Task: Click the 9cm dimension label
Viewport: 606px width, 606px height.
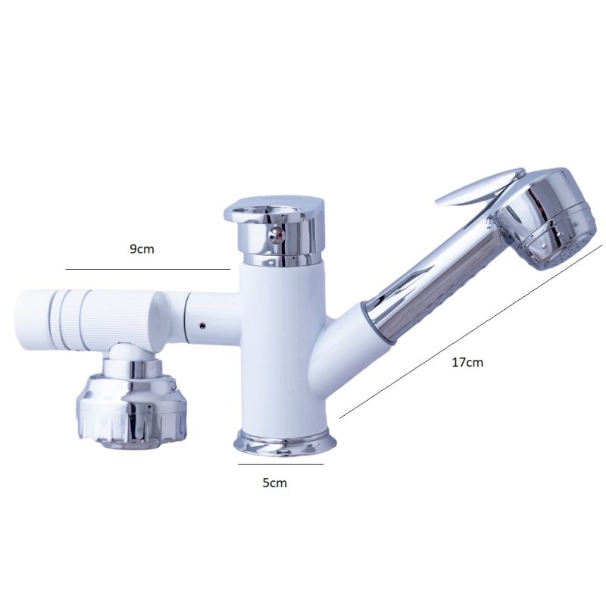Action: click(142, 249)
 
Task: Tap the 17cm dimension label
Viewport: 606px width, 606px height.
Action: click(467, 362)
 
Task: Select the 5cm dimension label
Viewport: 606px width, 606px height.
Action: click(275, 483)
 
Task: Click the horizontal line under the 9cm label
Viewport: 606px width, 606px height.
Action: click(148, 269)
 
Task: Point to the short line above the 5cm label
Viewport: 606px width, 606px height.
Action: click(280, 464)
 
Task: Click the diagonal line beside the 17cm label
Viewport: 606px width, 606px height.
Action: click(470, 331)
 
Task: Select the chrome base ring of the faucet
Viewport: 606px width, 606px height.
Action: click(286, 443)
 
